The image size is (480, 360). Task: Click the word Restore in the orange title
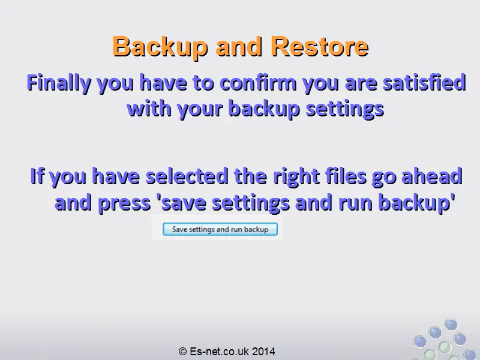[320, 47]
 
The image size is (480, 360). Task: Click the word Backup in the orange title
[160, 47]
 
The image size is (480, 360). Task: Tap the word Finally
[59, 83]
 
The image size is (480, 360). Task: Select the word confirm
[258, 83]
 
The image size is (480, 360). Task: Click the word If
[37, 176]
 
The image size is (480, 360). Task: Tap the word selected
[187, 176]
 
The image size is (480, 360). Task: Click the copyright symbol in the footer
[182, 351]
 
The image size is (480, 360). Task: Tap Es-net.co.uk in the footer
[220, 351]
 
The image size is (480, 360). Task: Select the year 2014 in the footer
[264, 351]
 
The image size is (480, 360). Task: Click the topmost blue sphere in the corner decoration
[451, 325]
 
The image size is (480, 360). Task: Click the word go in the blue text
[384, 178]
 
